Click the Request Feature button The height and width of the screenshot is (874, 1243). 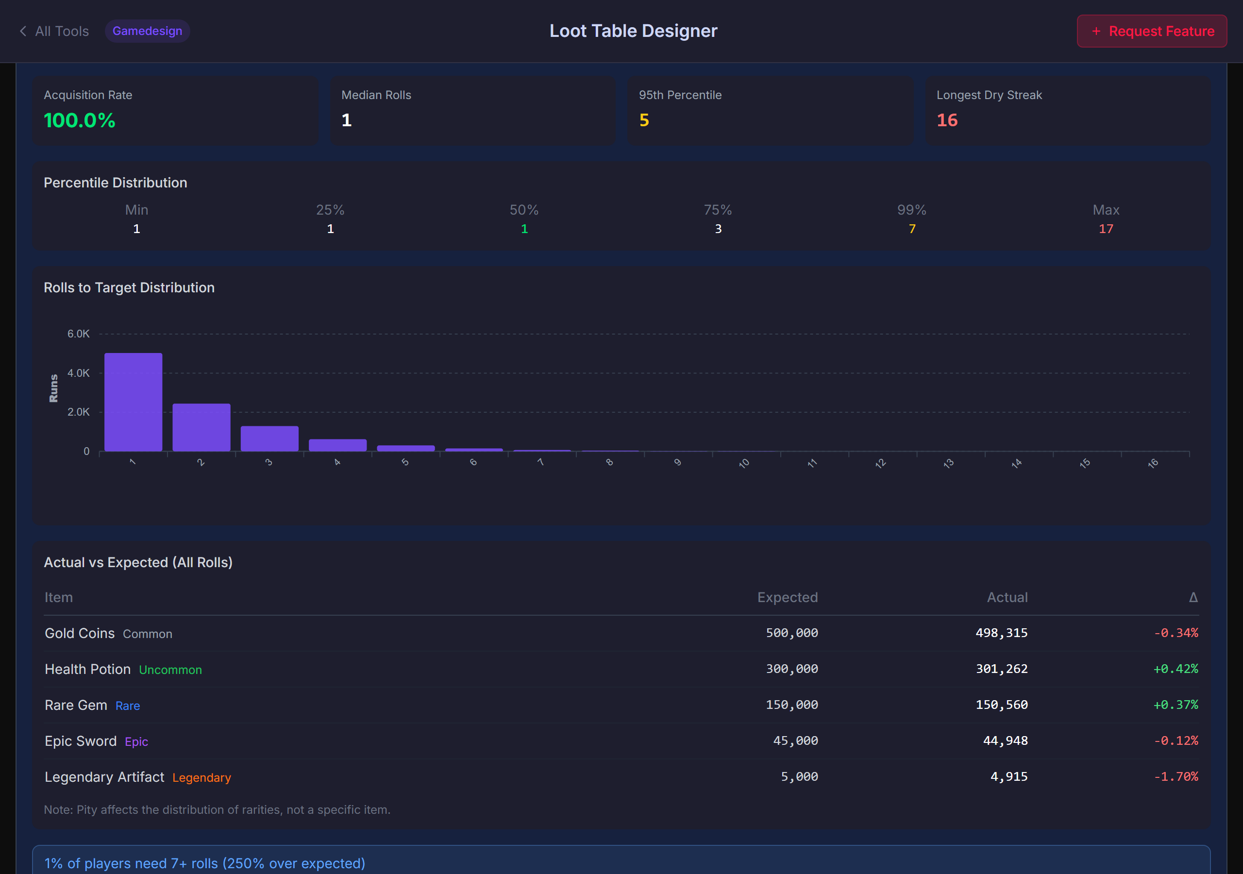point(1152,32)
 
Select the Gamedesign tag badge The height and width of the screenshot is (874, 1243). point(147,32)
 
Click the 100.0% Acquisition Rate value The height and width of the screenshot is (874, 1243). point(80,120)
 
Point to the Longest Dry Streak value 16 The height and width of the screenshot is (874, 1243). point(947,120)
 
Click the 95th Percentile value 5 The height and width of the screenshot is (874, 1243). point(644,120)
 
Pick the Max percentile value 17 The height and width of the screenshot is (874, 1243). point(1106,229)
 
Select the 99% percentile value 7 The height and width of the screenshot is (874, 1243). point(912,229)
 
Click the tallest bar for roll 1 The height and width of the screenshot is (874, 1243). point(133,402)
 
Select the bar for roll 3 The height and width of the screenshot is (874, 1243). point(269,438)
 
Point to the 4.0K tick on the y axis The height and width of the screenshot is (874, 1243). point(79,373)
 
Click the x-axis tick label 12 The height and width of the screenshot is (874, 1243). point(880,464)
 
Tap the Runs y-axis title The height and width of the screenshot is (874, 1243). point(53,388)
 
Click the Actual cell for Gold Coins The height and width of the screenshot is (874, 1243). point(1001,633)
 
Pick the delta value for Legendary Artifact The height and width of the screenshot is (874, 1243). point(1176,776)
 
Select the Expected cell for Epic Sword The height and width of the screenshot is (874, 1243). point(795,741)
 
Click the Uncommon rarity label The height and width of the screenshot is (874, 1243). point(170,670)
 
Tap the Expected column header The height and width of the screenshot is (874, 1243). point(787,597)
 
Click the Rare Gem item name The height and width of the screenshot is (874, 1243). point(76,705)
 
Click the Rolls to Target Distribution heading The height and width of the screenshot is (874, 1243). point(129,287)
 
